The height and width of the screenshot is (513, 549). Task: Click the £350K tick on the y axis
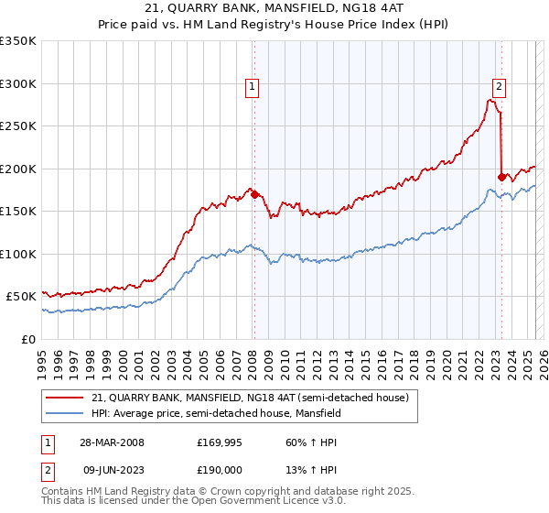click(x=18, y=41)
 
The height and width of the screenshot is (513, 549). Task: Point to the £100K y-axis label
click(x=18, y=254)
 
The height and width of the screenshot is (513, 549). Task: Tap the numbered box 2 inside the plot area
click(x=499, y=87)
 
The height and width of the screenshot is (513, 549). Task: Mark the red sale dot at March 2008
click(x=253, y=194)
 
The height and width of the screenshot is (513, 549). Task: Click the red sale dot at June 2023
click(x=501, y=177)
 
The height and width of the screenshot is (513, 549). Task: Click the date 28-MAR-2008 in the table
click(x=113, y=442)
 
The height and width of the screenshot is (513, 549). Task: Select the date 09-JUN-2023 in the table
click(x=113, y=468)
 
